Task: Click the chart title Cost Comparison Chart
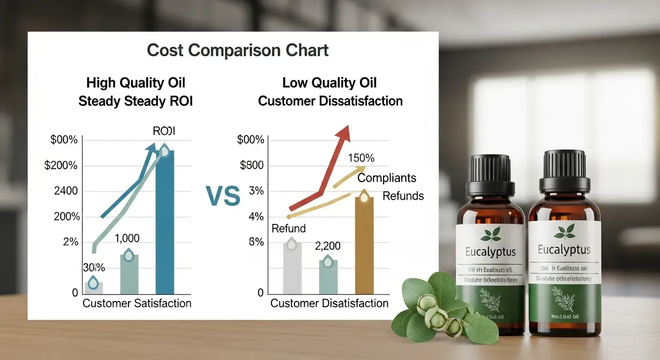click(238, 51)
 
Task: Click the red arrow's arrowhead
click(345, 132)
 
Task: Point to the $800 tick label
click(251, 165)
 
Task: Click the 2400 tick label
click(66, 191)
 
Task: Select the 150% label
click(361, 158)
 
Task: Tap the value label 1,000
click(127, 238)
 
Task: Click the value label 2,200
click(328, 246)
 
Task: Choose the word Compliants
click(387, 178)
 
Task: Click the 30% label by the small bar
click(94, 268)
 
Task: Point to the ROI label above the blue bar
click(164, 131)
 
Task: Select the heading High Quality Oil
click(135, 83)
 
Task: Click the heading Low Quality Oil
click(330, 83)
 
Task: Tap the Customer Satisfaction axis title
click(137, 303)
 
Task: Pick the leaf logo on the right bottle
click(564, 231)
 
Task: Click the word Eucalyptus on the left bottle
click(490, 252)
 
